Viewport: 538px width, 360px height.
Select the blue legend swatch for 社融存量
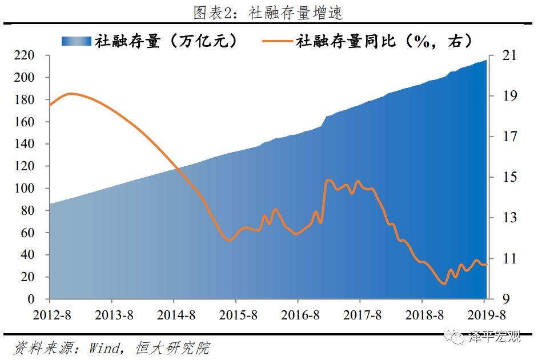[x=76, y=41]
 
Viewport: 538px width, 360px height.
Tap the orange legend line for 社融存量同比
[x=278, y=41]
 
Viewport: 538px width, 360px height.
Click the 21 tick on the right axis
[x=509, y=55]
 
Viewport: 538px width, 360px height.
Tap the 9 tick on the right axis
[x=505, y=299]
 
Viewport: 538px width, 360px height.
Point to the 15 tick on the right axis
[x=509, y=177]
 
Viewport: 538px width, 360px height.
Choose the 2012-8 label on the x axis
[x=50, y=315]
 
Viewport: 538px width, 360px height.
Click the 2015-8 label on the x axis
[x=236, y=315]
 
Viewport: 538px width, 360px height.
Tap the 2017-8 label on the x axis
[x=360, y=315]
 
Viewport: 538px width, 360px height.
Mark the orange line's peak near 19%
[x=70, y=93]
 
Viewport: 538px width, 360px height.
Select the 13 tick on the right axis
[x=509, y=218]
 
